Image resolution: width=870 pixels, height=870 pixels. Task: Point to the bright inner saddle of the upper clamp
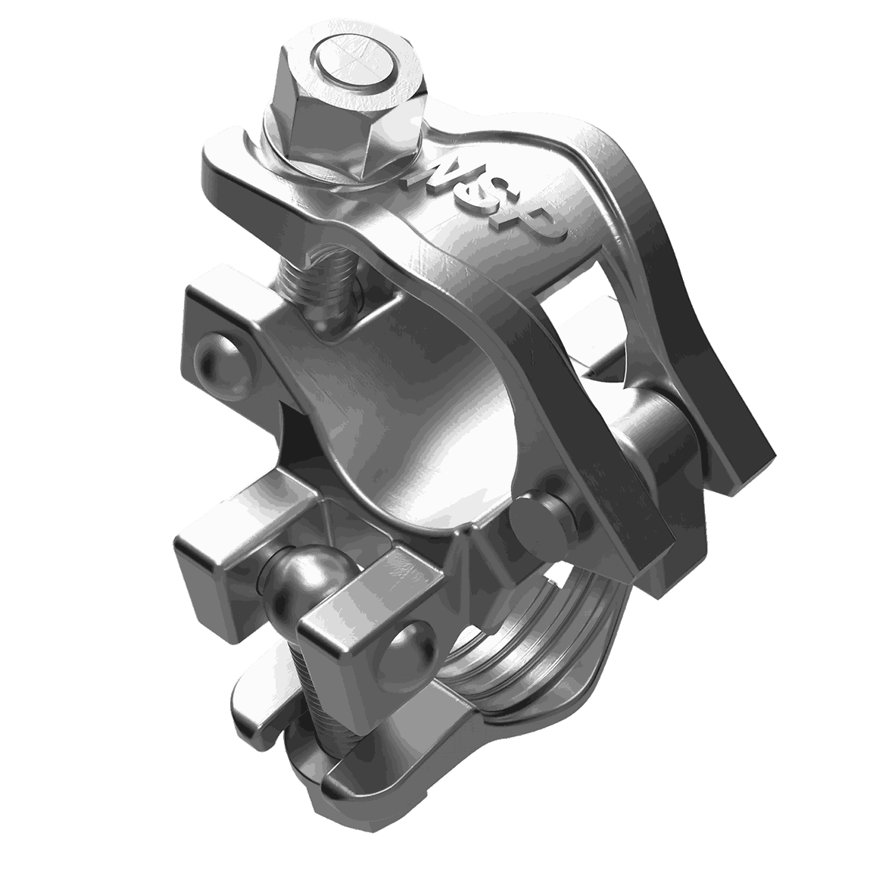coord(439,439)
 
